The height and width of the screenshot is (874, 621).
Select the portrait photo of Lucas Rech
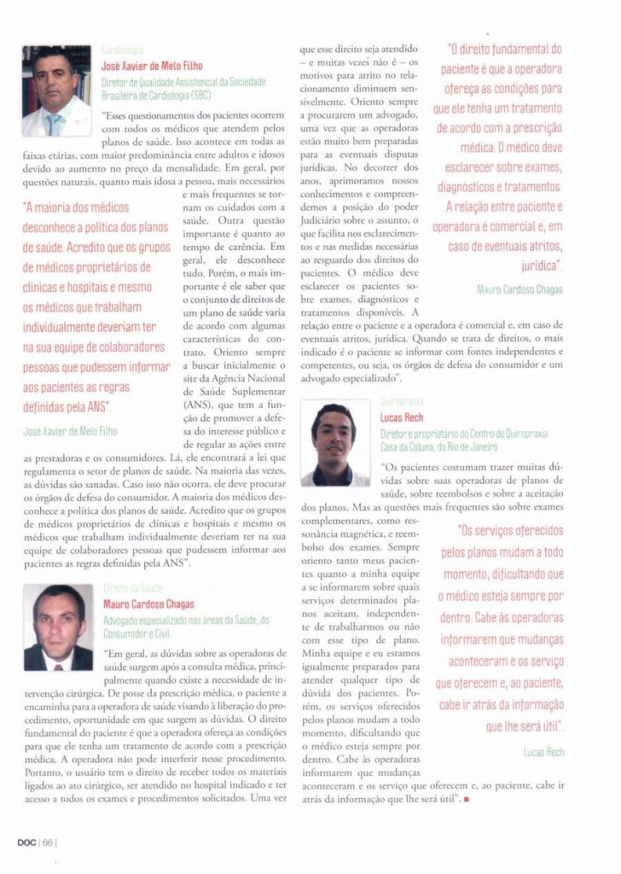pos(335,444)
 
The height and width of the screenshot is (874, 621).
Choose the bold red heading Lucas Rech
pos(403,418)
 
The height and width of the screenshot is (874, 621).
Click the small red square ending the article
pos(467,798)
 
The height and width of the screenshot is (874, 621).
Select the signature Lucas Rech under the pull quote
pos(543,751)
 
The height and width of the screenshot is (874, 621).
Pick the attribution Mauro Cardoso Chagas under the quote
pos(519,289)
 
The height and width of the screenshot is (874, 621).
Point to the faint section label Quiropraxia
pos(403,401)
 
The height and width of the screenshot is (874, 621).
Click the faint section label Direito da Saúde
pos(132,588)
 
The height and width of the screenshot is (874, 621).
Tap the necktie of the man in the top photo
pos(54,124)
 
